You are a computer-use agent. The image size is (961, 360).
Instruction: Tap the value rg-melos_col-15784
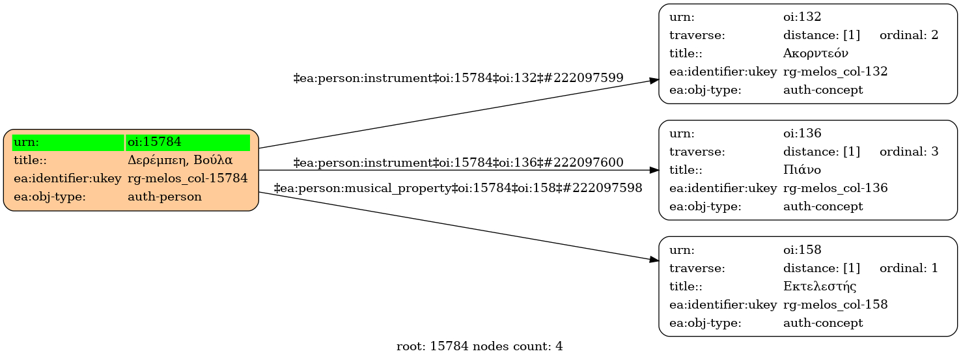(x=188, y=178)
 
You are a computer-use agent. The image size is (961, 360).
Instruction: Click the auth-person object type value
(x=165, y=196)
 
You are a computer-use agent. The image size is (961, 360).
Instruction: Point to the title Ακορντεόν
(x=815, y=53)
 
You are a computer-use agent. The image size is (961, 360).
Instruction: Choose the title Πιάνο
(x=802, y=170)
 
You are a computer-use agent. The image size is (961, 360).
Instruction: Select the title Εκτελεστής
(x=819, y=286)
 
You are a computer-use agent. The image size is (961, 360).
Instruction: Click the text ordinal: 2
(x=908, y=35)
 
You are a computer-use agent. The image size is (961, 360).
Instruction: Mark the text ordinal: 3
(x=908, y=152)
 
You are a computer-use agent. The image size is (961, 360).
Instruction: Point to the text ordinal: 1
(x=908, y=268)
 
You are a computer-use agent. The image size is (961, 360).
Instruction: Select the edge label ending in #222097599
(x=458, y=78)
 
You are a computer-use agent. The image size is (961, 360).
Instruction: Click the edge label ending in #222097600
(x=458, y=162)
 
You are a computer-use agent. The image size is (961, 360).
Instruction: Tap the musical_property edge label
(x=458, y=188)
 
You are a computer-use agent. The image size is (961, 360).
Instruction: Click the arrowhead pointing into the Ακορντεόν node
(x=654, y=80)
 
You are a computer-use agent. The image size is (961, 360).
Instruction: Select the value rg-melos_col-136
(x=835, y=188)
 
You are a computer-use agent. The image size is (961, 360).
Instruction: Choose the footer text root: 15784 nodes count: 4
(x=479, y=346)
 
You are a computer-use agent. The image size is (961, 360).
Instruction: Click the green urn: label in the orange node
(x=68, y=142)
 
